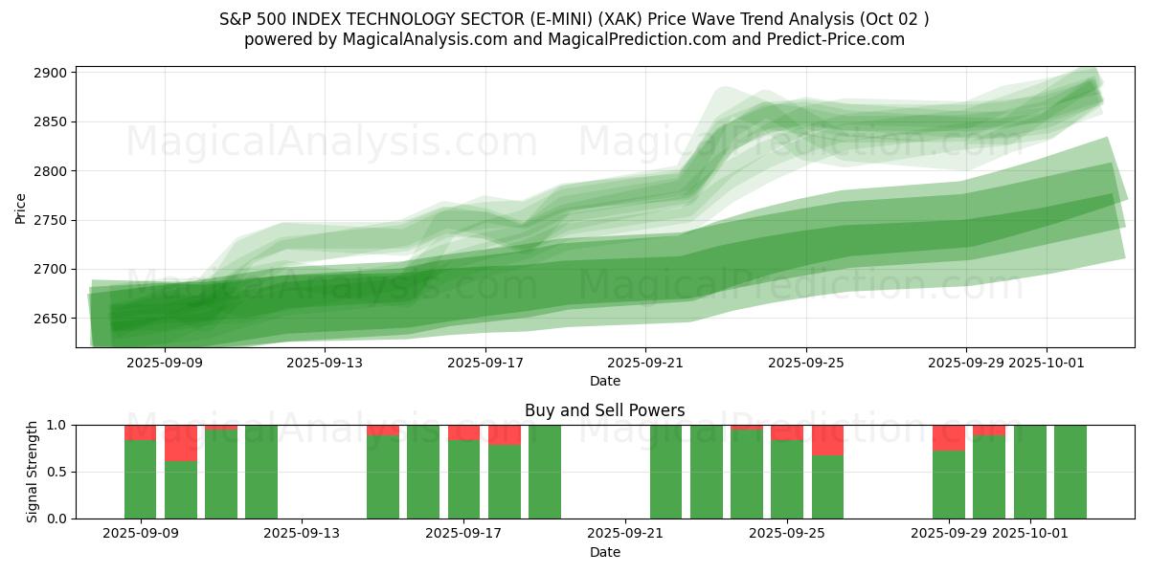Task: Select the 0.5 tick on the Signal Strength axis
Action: (58, 472)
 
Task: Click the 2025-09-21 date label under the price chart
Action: (645, 363)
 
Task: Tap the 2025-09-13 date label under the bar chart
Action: (302, 533)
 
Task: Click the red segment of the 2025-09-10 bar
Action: (181, 443)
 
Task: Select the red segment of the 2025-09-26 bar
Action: (827, 440)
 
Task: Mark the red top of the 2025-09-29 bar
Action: (949, 437)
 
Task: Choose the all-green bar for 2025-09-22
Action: (666, 472)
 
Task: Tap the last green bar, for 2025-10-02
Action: (1070, 472)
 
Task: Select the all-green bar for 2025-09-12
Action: (261, 472)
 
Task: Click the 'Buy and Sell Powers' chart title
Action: (604, 410)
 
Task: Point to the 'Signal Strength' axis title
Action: (33, 472)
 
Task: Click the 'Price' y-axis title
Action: (21, 208)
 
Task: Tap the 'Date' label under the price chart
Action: (604, 381)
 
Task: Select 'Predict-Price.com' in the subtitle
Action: (837, 39)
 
